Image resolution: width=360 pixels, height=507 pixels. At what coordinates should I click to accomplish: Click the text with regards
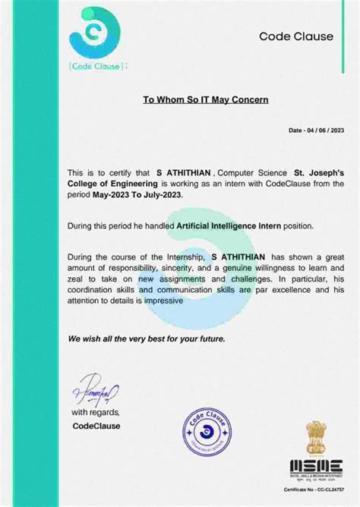tap(95, 412)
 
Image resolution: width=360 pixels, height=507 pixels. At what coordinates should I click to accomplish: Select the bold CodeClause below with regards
tap(96, 426)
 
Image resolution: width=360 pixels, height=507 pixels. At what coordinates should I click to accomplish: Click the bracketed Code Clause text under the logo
tap(92, 66)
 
